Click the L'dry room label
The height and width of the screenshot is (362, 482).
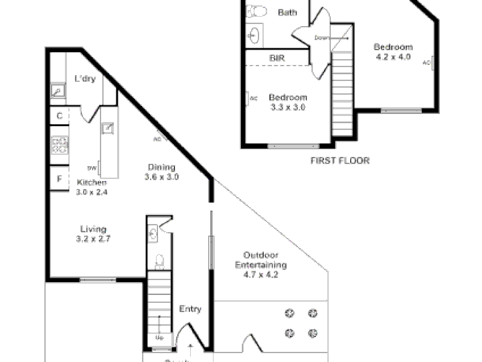84,78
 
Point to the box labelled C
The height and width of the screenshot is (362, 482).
60,116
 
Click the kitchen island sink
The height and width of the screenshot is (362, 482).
107,129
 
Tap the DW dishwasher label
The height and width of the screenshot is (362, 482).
92,168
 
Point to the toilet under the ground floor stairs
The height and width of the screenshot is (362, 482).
159,259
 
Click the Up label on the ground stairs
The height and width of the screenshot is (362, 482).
159,337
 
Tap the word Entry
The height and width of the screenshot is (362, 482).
190,309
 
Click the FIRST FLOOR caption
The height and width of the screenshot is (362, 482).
340,161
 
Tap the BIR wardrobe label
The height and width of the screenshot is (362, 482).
277,58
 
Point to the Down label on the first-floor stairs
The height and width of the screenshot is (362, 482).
322,38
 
